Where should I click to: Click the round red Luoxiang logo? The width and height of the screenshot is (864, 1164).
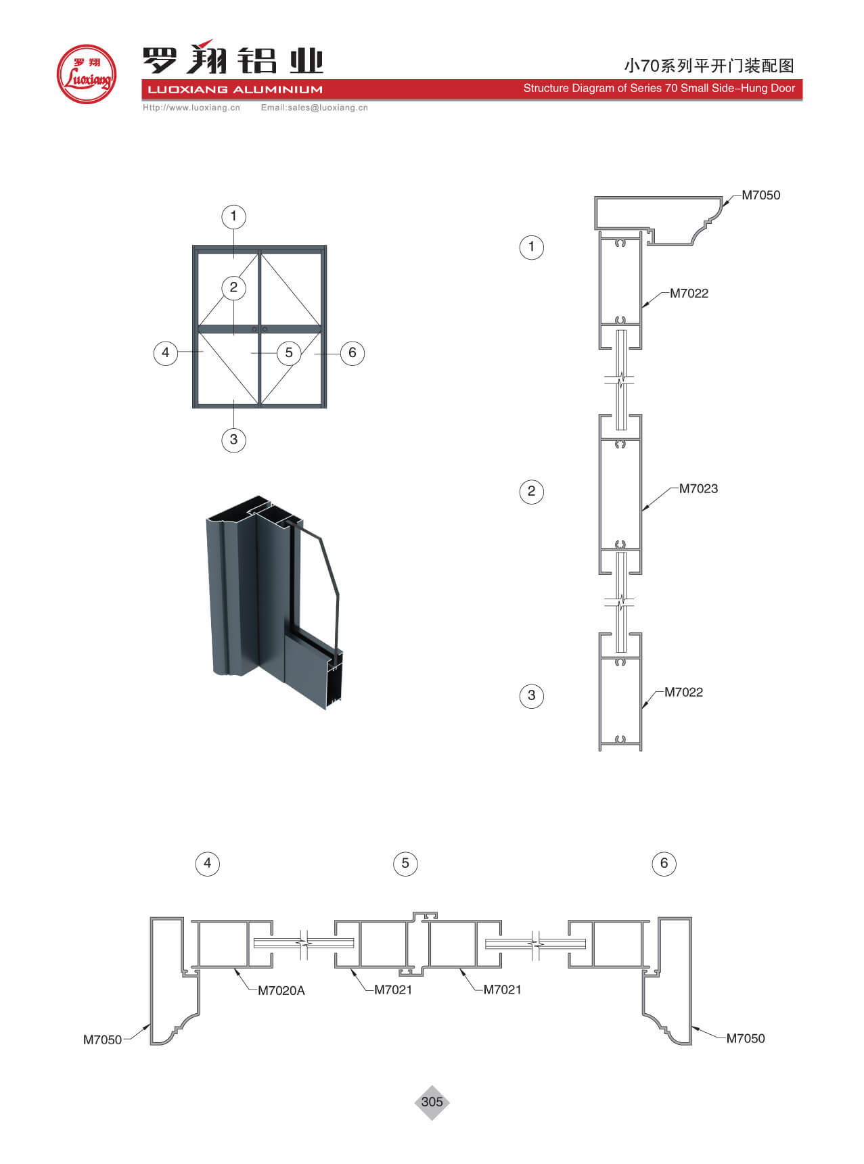click(x=87, y=74)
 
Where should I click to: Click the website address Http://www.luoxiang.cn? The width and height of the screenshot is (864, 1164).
click(x=191, y=108)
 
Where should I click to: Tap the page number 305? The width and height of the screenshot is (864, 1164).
click(x=432, y=1102)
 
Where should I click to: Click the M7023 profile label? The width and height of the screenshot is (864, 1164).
click(x=698, y=488)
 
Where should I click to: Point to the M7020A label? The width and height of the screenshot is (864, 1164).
click(x=281, y=990)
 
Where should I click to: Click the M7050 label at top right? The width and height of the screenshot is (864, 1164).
click(x=760, y=195)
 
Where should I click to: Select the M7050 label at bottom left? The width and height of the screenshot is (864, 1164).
click(x=102, y=1040)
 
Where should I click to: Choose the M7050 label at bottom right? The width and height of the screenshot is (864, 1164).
click(x=746, y=1038)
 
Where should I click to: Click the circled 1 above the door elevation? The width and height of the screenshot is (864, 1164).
click(x=233, y=216)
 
